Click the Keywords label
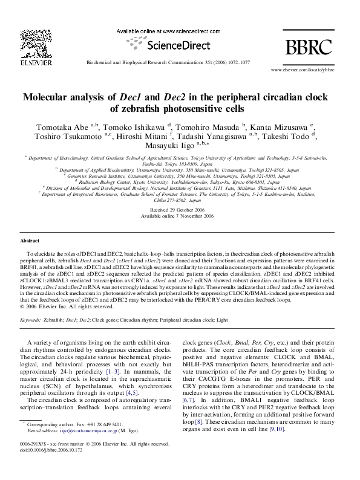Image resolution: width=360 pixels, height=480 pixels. (30, 302)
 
